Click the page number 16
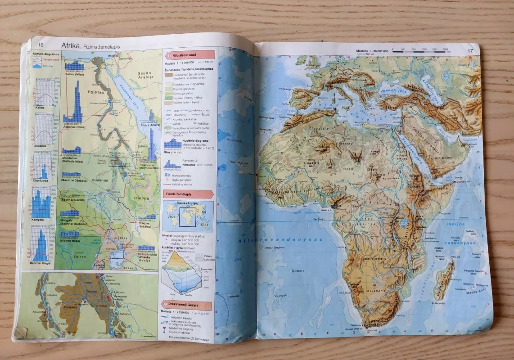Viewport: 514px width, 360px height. [41, 45]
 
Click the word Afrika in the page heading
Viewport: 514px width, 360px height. [71, 45]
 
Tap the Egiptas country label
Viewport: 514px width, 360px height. [96, 92]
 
